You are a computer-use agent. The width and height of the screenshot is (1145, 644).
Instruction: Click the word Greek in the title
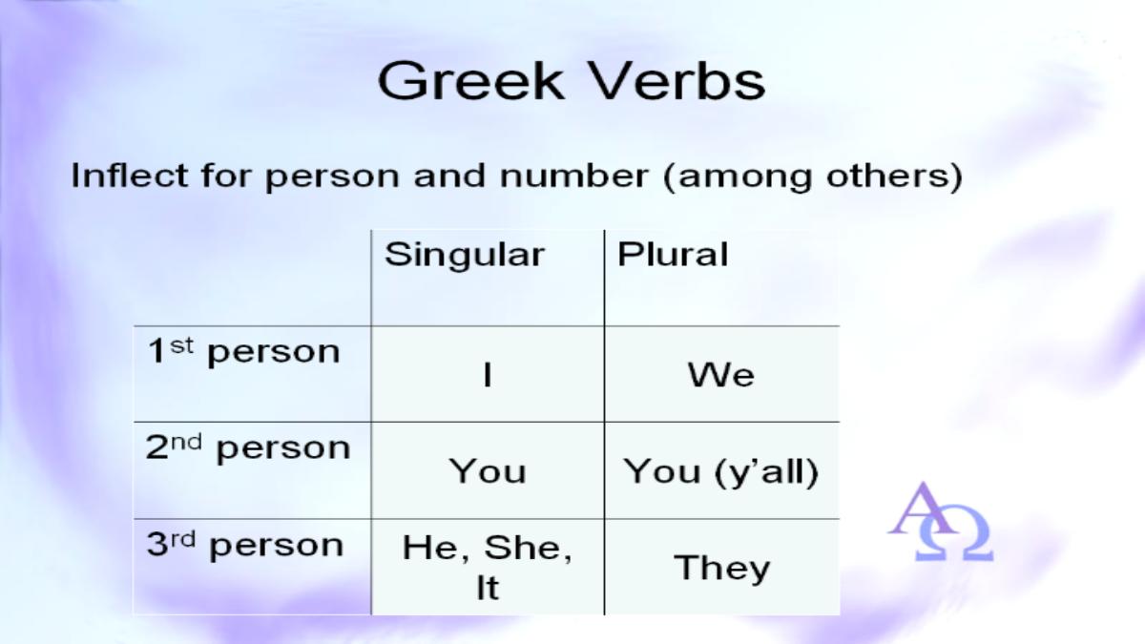[x=470, y=81]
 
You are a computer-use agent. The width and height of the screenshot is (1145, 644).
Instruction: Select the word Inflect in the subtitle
[x=130, y=176]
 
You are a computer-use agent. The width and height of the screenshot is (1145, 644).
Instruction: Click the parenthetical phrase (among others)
[x=813, y=177]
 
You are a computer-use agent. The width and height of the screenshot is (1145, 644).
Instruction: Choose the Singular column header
[x=465, y=255]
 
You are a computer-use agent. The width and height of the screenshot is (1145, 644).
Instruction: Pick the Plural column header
[x=673, y=254]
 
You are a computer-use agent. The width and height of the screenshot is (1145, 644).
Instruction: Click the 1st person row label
[x=243, y=352]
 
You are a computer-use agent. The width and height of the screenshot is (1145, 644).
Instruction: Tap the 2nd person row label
[x=248, y=448]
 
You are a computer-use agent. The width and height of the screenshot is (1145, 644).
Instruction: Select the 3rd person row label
[x=245, y=545]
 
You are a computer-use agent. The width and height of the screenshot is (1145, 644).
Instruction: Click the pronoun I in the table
[x=488, y=375]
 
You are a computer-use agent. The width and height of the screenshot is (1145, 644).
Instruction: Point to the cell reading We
[x=720, y=375]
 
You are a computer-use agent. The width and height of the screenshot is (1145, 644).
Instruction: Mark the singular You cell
[x=488, y=470]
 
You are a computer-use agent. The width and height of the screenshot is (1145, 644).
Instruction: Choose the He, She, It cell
[x=488, y=568]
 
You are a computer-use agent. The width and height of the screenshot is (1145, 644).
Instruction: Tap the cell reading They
[x=721, y=568]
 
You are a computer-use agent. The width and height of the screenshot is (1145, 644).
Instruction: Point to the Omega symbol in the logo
[x=954, y=533]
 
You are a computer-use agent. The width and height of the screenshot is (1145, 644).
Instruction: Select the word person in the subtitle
[x=332, y=177]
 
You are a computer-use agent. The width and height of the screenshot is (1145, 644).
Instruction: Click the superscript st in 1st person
[x=181, y=345]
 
